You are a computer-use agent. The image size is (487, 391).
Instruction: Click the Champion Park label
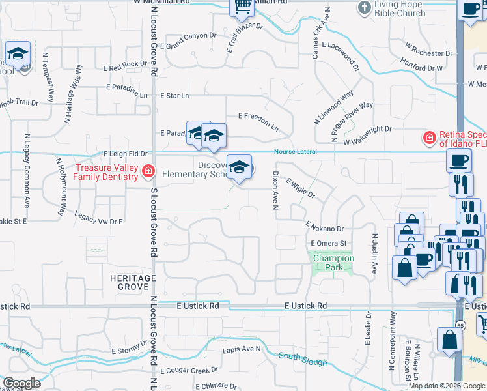pyautogui.click(x=333, y=263)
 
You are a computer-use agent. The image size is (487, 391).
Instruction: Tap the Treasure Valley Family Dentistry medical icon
pyautogui.click(x=148, y=171)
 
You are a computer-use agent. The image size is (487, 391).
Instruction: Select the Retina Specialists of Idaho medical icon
pyautogui.click(x=428, y=138)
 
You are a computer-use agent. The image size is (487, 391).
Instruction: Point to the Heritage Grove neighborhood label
pyautogui.click(x=129, y=283)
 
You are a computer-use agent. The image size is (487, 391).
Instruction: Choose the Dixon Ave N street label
pyautogui.click(x=275, y=191)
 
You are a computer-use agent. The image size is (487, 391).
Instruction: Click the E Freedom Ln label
pyautogui.click(x=258, y=121)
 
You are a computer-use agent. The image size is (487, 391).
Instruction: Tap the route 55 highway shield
pyautogui.click(x=461, y=325)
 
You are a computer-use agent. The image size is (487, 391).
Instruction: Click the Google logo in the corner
pyautogui.click(x=22, y=383)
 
